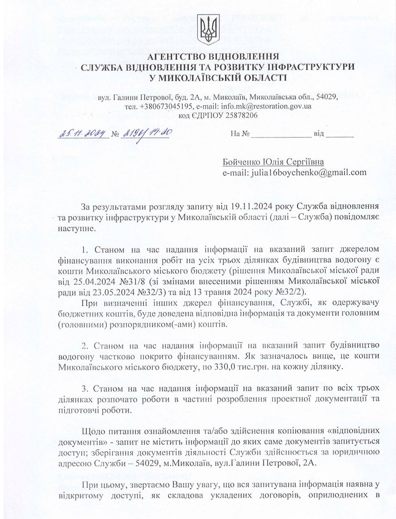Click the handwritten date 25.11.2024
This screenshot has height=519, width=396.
click(x=82, y=133)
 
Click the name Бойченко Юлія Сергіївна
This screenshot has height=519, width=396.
click(x=273, y=162)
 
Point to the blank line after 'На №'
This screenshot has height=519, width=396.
click(x=281, y=134)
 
